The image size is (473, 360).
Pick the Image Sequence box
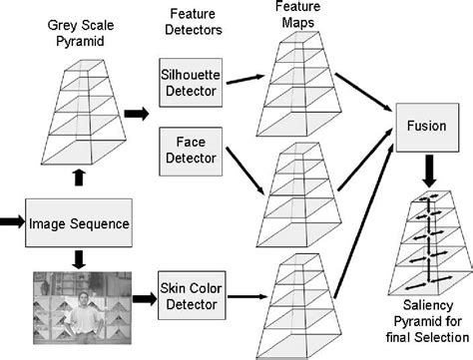(x=79, y=222)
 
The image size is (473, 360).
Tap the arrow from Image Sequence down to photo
(x=79, y=257)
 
